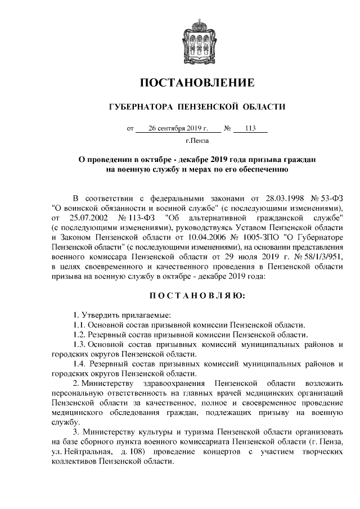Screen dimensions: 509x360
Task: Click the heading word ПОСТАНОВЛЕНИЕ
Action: click(x=197, y=83)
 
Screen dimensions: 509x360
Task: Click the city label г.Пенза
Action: click(x=197, y=141)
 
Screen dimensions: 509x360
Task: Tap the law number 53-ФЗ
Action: click(x=330, y=199)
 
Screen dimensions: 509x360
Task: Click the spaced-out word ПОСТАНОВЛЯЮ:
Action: click(x=197, y=295)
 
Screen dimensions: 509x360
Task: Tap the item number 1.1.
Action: click(x=79, y=325)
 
